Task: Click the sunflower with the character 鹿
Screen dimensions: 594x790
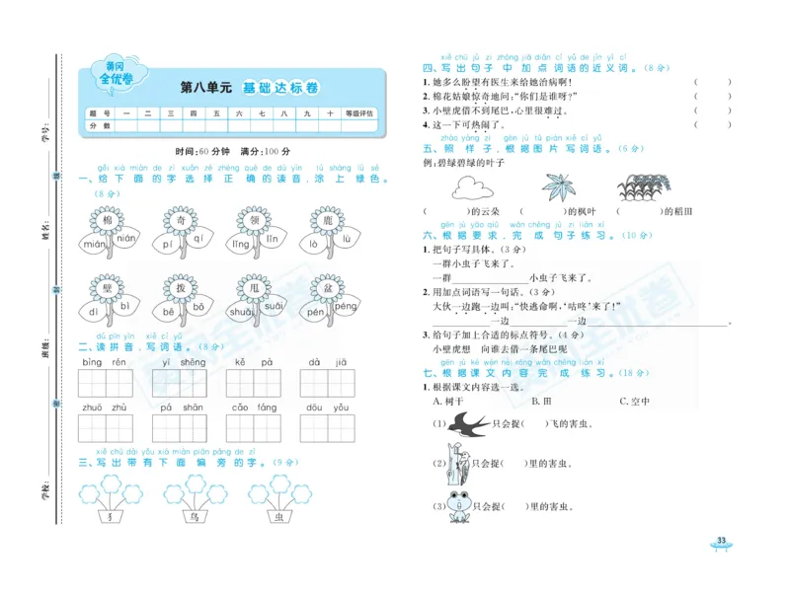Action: [323, 219]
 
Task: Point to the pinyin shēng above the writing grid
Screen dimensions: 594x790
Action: [194, 362]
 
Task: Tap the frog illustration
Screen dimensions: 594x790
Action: [458, 504]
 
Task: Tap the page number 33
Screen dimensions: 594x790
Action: [721, 541]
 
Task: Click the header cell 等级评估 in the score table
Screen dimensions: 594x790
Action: [359, 114]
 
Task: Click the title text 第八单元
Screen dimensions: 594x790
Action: [205, 88]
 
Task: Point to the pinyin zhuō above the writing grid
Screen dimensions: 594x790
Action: [92, 407]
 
